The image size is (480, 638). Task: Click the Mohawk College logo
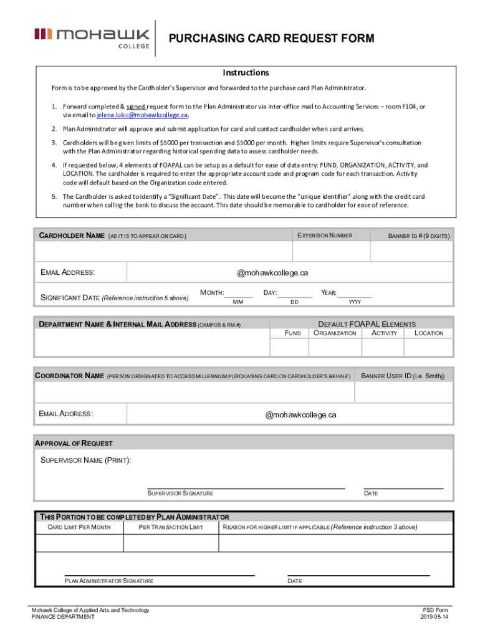[x=92, y=39]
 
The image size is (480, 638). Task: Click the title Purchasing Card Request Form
[x=272, y=39]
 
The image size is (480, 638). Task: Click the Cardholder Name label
[x=72, y=236]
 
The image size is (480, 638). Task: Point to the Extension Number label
[x=325, y=236]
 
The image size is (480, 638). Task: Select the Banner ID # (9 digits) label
[x=418, y=236]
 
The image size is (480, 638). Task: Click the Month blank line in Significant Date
[x=238, y=297]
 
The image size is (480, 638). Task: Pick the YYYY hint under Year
[x=354, y=302]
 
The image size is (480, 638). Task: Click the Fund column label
[x=292, y=333]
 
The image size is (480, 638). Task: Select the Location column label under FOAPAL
[x=428, y=333]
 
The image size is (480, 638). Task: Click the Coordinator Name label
[x=69, y=376]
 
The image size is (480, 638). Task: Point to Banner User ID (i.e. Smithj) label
[x=403, y=376]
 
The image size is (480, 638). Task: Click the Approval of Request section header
[x=74, y=444]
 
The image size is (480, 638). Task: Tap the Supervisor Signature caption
[x=180, y=493]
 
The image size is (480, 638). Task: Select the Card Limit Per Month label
[x=79, y=528]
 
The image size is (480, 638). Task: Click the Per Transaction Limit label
[x=171, y=528]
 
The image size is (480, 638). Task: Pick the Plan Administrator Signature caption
[x=109, y=581]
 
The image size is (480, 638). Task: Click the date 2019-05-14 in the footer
[x=434, y=617]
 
